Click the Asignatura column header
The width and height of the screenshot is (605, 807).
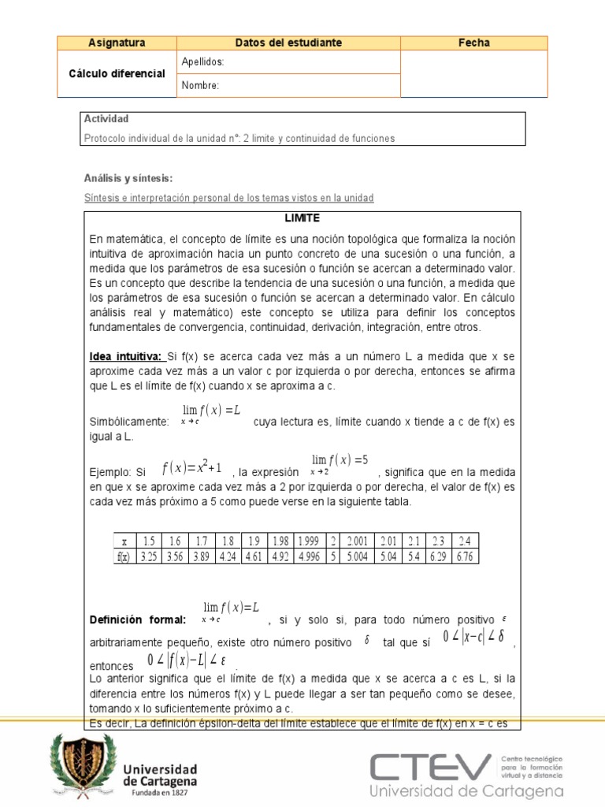tap(117, 43)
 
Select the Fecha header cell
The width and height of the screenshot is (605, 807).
tap(473, 43)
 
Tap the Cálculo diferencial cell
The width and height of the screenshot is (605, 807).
tap(117, 73)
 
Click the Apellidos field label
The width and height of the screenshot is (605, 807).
tap(202, 61)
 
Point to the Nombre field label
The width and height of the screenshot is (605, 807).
tap(200, 85)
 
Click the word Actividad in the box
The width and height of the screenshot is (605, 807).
tap(106, 119)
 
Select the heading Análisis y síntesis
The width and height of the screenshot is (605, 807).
tap(128, 178)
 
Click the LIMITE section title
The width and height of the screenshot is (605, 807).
tap(302, 218)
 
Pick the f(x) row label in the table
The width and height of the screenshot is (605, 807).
tap(123, 556)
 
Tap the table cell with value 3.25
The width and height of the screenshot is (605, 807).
tap(147, 556)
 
